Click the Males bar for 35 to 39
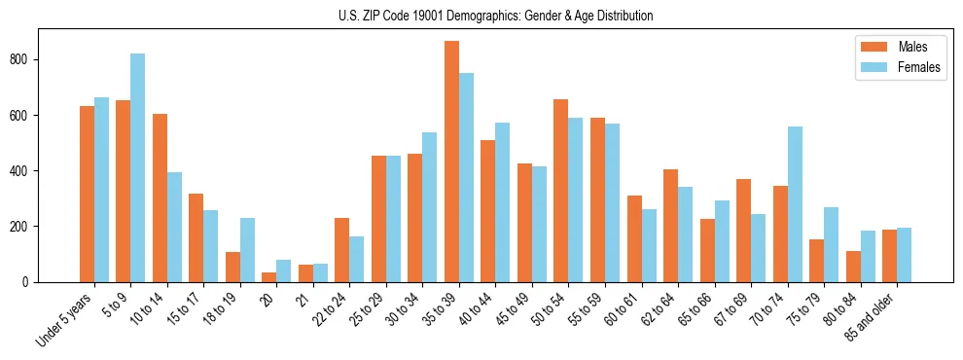pyautogui.click(x=451, y=162)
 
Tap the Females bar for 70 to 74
pyautogui.click(x=795, y=204)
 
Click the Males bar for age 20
pyautogui.click(x=269, y=276)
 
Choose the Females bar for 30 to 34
pyautogui.click(x=430, y=207)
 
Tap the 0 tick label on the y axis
pyautogui.click(x=33, y=282)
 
